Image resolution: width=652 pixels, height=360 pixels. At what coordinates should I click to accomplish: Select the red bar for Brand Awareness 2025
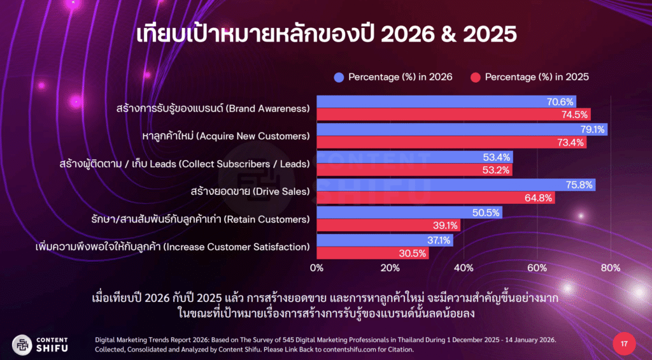pos(453,115)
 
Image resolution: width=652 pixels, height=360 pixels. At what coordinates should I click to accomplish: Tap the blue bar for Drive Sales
pos(455,185)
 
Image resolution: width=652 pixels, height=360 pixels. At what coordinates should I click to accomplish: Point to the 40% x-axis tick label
pos(463,268)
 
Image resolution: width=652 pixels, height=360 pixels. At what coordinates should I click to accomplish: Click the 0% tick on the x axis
pos(316,268)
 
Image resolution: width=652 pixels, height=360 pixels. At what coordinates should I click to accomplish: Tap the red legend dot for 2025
pos(474,77)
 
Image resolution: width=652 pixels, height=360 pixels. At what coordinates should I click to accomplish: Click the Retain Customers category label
pos(200,220)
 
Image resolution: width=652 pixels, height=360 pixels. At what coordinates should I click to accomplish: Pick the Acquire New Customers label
pos(225,136)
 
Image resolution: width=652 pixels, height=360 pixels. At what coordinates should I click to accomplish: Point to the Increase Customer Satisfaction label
pos(172,247)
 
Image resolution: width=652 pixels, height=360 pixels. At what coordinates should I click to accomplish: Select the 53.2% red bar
pos(414,170)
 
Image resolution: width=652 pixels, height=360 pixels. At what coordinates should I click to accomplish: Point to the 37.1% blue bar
pos(385,240)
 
